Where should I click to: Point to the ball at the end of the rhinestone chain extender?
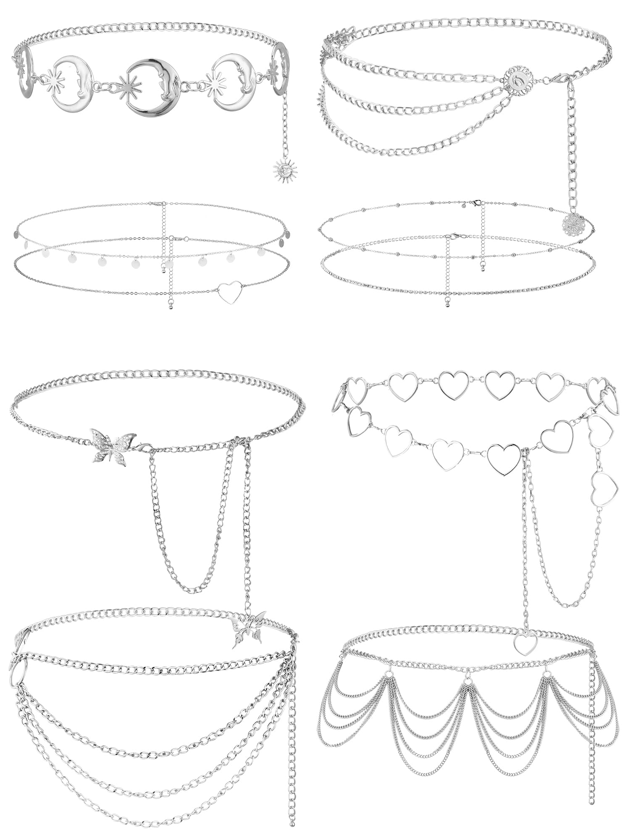[446, 304]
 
